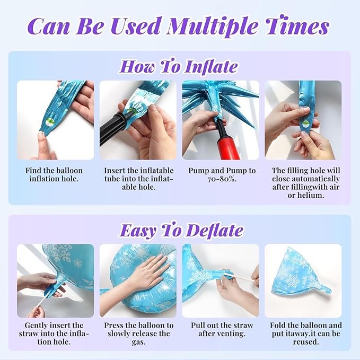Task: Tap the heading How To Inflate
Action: coord(178,67)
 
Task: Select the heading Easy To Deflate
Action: coord(181,230)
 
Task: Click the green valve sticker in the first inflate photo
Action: coord(50,121)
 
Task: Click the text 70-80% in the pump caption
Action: coord(222,179)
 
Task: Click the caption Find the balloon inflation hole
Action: coord(54,175)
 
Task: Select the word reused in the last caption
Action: coord(306,342)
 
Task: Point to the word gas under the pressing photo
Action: coord(138,343)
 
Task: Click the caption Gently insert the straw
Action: coord(54,333)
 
